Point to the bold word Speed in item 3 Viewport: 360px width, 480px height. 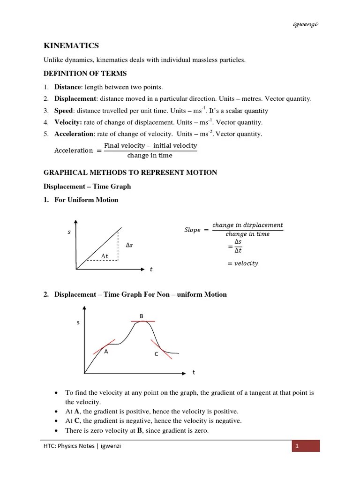63,111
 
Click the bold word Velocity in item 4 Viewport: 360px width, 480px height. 67,122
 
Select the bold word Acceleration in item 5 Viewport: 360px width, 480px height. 74,134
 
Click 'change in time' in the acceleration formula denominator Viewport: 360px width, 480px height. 150,156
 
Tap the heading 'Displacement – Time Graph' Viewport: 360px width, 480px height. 87,187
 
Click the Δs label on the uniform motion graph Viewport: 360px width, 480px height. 129,245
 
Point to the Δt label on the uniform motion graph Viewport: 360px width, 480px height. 105,256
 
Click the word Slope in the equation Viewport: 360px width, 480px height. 192,230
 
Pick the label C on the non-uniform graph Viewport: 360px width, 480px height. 157,355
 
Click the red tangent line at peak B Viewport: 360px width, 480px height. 143,321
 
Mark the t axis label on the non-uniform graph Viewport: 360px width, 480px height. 194,373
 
